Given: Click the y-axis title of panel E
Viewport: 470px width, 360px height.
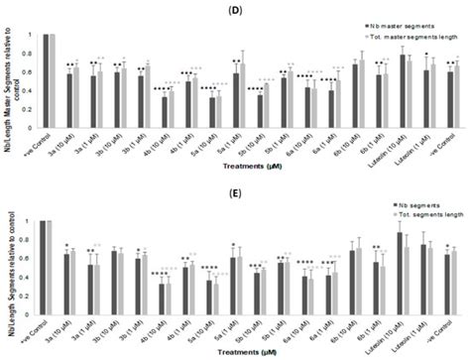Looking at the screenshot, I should pyautogui.click(x=9, y=263).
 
